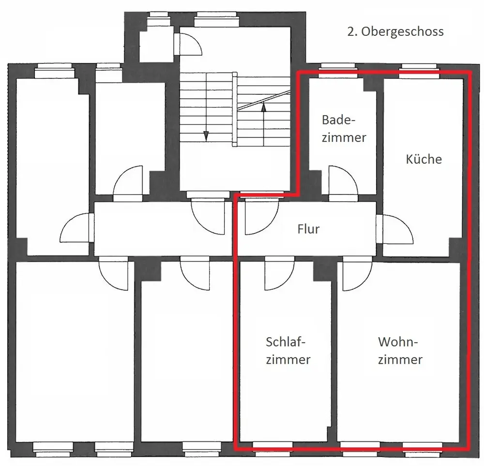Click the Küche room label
click(423, 159)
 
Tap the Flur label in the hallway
click(308, 229)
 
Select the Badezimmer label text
click(344, 129)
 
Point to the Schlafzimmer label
click(288, 350)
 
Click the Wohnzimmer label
click(400, 350)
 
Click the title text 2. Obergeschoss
click(395, 31)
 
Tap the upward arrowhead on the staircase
click(263, 107)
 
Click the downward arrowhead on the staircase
click(206, 136)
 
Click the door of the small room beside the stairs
click(188, 45)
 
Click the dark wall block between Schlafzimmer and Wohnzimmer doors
click(322, 271)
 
